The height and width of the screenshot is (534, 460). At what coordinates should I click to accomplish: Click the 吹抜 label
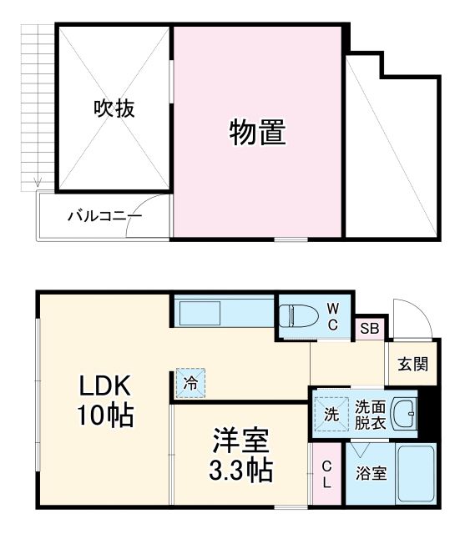(114, 108)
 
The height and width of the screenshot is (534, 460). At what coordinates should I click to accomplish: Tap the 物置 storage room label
(258, 132)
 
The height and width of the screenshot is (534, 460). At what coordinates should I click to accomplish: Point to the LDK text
(105, 385)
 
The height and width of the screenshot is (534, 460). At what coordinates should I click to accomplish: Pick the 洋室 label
(240, 440)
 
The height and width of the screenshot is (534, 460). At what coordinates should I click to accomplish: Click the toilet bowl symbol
(299, 315)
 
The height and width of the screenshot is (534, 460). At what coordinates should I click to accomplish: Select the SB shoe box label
(369, 328)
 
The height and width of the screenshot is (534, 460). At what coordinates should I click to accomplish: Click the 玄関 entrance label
(412, 365)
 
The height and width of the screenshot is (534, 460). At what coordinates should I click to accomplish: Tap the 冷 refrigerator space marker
(190, 384)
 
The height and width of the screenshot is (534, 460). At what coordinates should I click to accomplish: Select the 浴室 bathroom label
(371, 474)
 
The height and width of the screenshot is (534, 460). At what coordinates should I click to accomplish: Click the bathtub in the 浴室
(414, 473)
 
